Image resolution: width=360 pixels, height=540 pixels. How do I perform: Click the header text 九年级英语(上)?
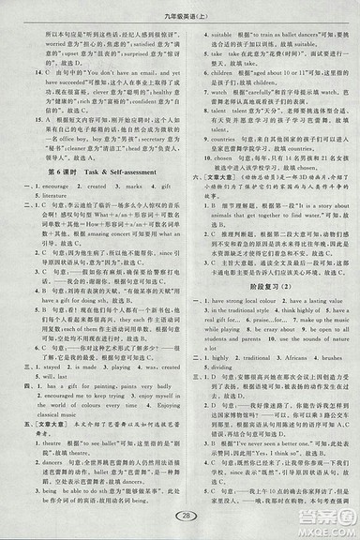coord(180,12)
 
